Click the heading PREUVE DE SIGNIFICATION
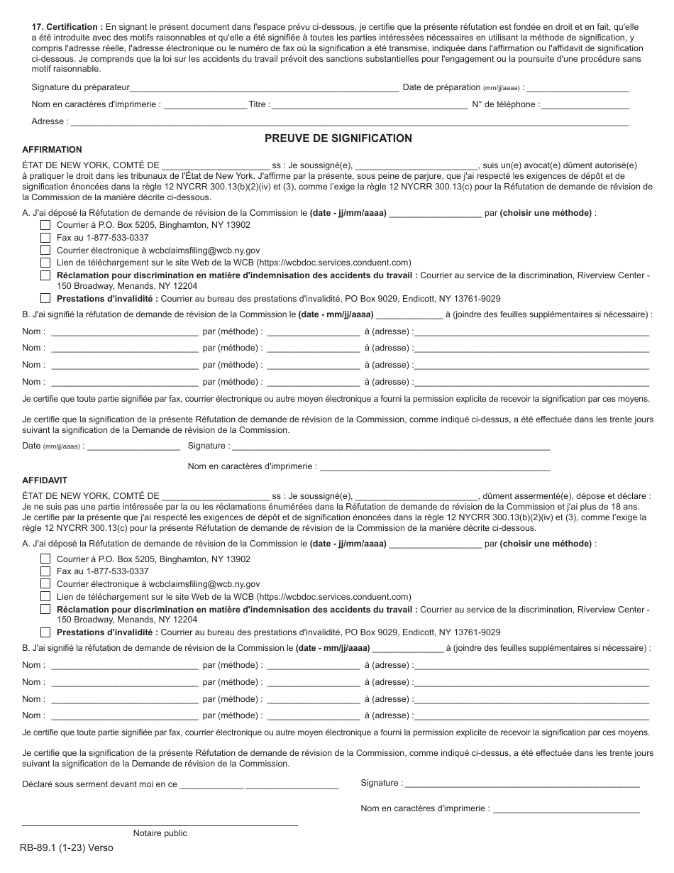click(338, 138)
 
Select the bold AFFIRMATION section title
click(52, 150)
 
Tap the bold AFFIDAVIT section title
click(45, 481)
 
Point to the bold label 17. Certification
click(67, 26)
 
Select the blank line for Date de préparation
click(578, 88)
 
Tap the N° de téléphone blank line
click(585, 105)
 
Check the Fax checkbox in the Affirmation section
click(45, 238)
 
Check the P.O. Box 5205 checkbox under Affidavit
click(45, 559)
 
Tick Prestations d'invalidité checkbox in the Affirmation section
click(45, 299)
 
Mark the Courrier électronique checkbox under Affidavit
click(45, 584)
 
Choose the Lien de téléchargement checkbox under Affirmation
click(45, 263)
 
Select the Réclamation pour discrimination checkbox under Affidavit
click(45, 610)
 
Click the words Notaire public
click(160, 833)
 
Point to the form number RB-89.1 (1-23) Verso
click(67, 847)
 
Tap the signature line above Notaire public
click(160, 825)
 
